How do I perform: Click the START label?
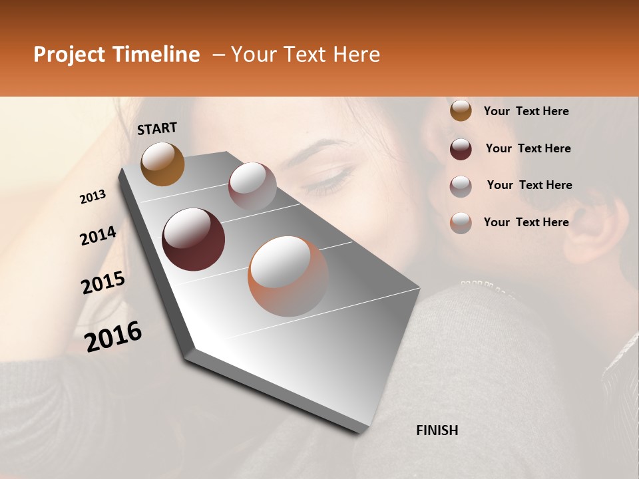pyautogui.click(x=157, y=128)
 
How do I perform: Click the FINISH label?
pyautogui.click(x=437, y=430)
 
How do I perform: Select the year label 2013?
pyautogui.click(x=93, y=197)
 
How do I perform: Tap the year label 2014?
pyautogui.click(x=98, y=236)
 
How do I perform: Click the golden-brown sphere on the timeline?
pyautogui.click(x=162, y=164)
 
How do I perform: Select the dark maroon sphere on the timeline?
pyautogui.click(x=193, y=239)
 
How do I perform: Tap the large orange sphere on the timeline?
pyautogui.click(x=288, y=276)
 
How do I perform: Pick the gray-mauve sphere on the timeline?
pyautogui.click(x=252, y=186)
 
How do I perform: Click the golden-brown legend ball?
pyautogui.click(x=461, y=111)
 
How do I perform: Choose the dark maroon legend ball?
pyautogui.click(x=461, y=148)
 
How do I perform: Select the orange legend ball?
pyautogui.click(x=461, y=222)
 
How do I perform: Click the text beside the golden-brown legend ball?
pyautogui.click(x=526, y=111)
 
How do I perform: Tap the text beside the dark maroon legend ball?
pyautogui.click(x=529, y=148)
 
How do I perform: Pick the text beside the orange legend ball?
pyautogui.click(x=526, y=222)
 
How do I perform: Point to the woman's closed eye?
pyautogui.click(x=335, y=178)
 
